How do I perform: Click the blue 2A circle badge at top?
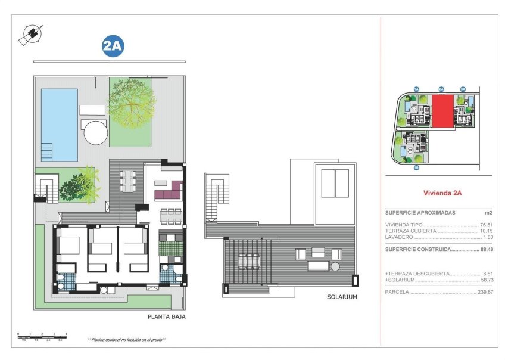[x=113, y=46]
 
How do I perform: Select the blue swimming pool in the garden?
[x=59, y=125]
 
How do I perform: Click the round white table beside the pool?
[x=95, y=132]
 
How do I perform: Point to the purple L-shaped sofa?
[x=169, y=192]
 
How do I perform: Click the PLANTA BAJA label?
[x=167, y=317]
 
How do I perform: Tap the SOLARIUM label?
[x=342, y=297]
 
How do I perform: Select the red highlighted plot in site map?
[x=441, y=111]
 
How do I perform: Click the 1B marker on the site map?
[x=416, y=168]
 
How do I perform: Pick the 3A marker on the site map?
[x=463, y=89]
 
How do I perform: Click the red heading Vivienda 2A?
[x=442, y=193]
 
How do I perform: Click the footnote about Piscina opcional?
[x=126, y=339]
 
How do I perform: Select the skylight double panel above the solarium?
[x=335, y=183]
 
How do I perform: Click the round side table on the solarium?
[x=335, y=266]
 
